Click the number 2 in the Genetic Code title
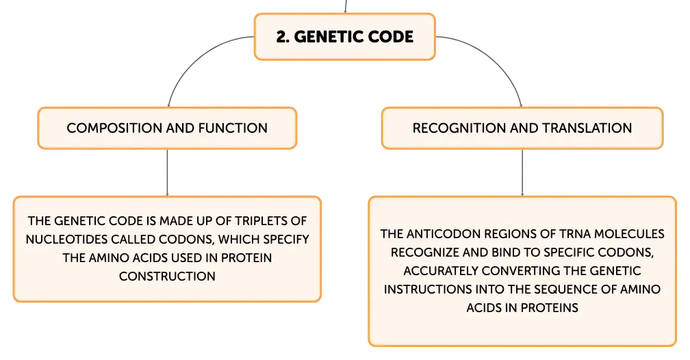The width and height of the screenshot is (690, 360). point(281,37)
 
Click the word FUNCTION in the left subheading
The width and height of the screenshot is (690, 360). point(233,128)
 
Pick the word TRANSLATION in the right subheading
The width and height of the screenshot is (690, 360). point(587,128)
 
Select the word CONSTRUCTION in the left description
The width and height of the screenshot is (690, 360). point(167,276)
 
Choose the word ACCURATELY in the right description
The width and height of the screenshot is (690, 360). point(441,270)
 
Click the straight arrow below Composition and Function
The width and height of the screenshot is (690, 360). point(167,172)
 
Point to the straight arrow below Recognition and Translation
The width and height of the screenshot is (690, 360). point(522,172)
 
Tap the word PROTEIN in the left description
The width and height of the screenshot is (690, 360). point(246,257)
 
